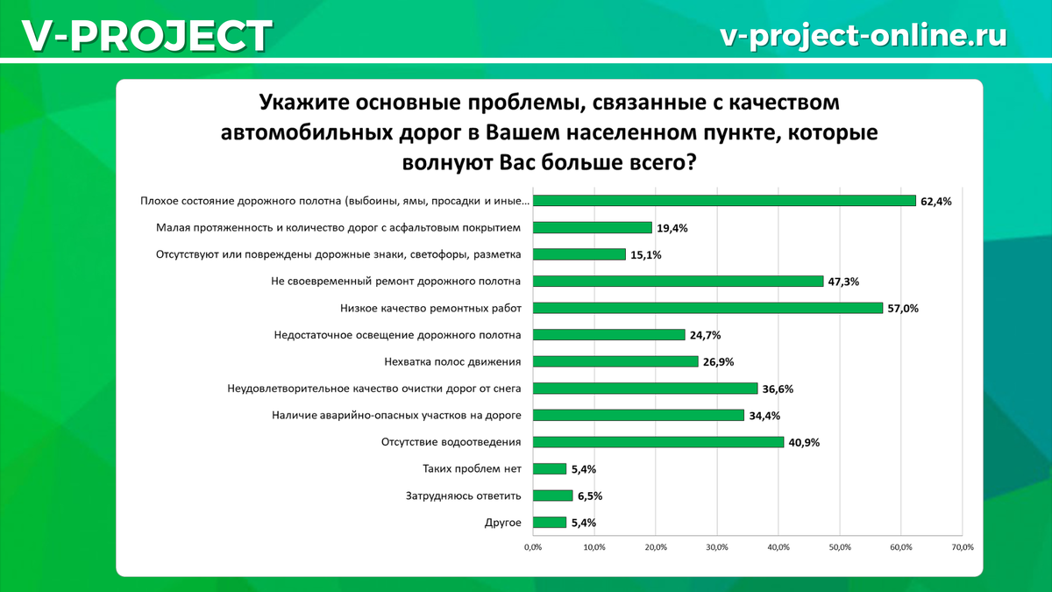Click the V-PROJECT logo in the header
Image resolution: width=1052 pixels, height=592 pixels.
(x=146, y=36)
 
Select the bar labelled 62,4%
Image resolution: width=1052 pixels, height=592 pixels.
(x=724, y=201)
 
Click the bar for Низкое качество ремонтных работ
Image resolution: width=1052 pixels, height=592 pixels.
(x=707, y=308)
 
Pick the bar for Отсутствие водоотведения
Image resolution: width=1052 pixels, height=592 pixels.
(x=658, y=442)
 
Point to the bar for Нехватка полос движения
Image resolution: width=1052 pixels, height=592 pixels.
(x=615, y=361)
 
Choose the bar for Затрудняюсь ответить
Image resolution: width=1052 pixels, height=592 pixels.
(x=553, y=496)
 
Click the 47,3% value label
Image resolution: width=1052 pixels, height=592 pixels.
(x=843, y=282)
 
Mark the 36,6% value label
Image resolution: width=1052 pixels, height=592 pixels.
(x=778, y=389)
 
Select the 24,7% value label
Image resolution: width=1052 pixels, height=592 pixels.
(x=705, y=335)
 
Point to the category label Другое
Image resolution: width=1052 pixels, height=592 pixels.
(x=503, y=523)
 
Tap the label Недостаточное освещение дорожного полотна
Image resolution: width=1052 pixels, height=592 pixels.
(x=398, y=335)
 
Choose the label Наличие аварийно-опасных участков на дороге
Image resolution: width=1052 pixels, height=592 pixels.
(x=393, y=416)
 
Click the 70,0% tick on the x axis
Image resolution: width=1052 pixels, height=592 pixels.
(x=962, y=547)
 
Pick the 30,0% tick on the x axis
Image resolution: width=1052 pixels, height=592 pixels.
(x=717, y=547)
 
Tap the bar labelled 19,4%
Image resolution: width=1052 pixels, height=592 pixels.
(x=593, y=228)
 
